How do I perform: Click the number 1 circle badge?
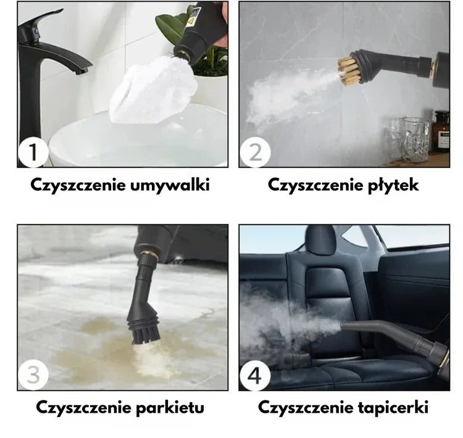tap(33, 152)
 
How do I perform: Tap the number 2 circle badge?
tap(255, 152)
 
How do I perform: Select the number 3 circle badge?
tap(33, 375)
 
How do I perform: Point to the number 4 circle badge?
tap(255, 376)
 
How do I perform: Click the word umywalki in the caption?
tap(170, 186)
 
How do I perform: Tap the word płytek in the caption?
tap(393, 186)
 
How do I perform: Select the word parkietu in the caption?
tap(170, 408)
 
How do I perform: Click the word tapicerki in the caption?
tap(393, 408)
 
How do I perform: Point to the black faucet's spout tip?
tap(82, 71)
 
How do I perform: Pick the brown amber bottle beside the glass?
tap(442, 131)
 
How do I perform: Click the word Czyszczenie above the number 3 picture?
tap(83, 408)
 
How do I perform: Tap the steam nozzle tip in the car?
tap(343, 326)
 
